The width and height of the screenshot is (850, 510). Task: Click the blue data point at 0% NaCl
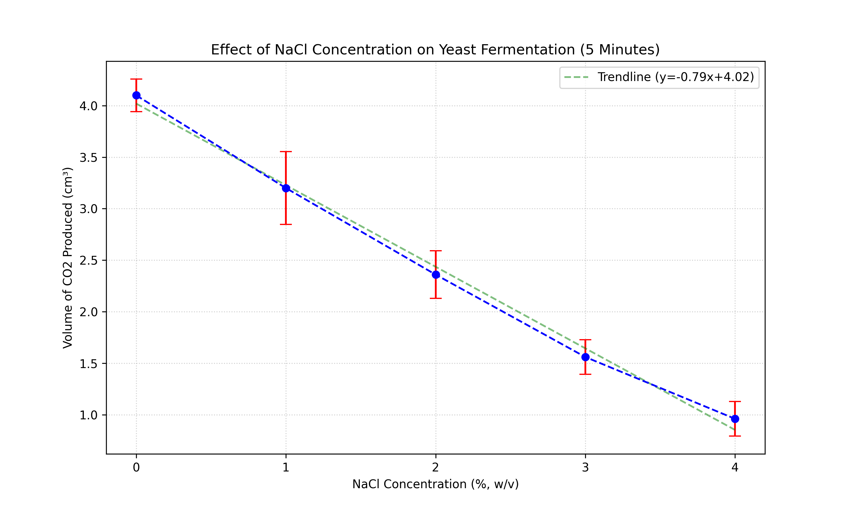[x=136, y=95]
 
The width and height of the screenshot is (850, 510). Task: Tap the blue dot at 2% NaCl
[x=436, y=275]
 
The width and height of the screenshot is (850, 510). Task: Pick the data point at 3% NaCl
[x=585, y=357]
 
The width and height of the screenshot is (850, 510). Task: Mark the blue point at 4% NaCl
[x=735, y=419]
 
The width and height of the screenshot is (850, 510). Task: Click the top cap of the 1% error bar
[x=286, y=152]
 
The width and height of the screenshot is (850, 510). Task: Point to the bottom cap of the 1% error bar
[x=286, y=224]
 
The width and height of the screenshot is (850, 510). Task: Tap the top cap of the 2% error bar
[x=436, y=251]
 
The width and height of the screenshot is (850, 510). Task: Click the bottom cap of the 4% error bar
[x=735, y=436]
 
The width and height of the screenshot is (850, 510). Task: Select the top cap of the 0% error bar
[x=136, y=79]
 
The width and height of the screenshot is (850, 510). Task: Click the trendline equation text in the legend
[x=675, y=77]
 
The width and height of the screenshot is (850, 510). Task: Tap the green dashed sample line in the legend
[x=577, y=77]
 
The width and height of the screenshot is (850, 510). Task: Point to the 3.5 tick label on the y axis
[x=89, y=158]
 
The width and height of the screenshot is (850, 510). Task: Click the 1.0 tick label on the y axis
[x=89, y=415]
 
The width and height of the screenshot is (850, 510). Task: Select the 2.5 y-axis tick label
[x=89, y=260]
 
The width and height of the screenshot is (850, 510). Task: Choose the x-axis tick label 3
[x=585, y=467]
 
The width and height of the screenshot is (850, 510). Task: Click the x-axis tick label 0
[x=136, y=467]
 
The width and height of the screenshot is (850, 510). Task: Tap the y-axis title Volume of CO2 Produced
[x=68, y=258]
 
